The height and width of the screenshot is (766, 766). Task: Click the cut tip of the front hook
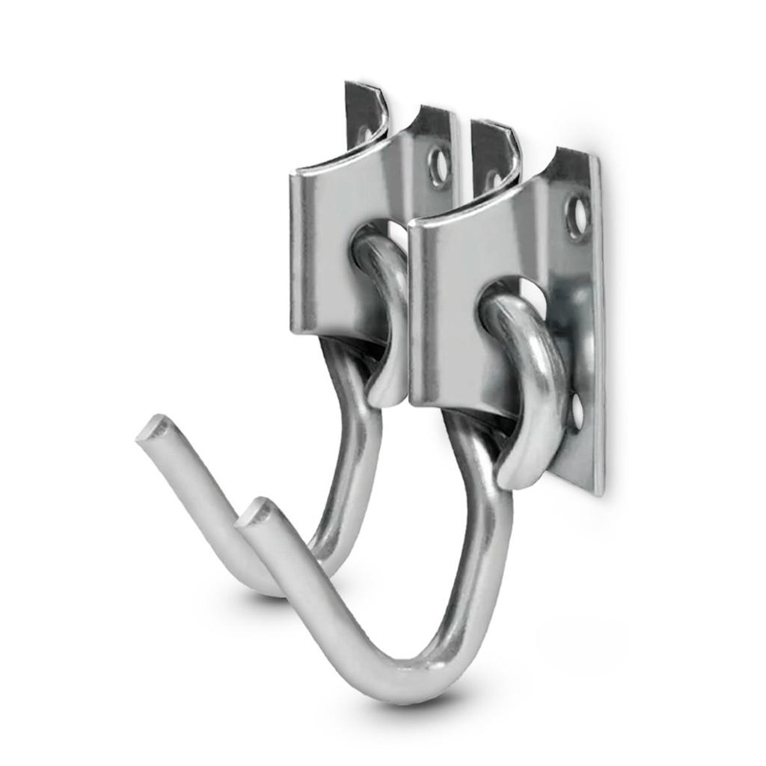[257, 512]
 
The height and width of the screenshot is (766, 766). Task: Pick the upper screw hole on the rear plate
[439, 167]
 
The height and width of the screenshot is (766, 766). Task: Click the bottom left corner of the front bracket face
[414, 398]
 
